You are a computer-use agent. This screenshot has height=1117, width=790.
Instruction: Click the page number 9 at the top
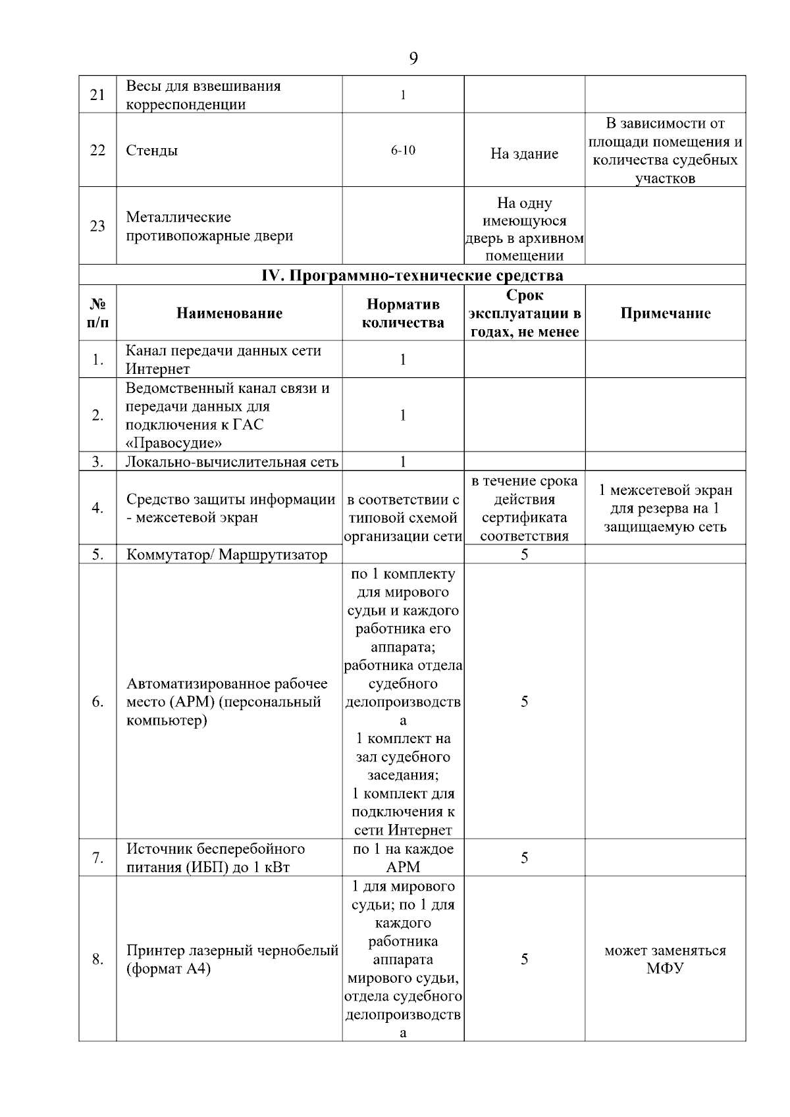(413, 59)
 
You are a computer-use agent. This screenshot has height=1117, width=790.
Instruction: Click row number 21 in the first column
(97, 95)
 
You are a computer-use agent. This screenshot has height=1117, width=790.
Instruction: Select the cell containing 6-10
(403, 151)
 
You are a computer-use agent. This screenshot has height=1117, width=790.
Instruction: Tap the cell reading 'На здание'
(524, 154)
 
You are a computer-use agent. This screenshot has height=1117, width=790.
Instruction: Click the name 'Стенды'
(152, 151)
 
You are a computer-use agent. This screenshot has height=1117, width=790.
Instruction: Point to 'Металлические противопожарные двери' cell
(209, 226)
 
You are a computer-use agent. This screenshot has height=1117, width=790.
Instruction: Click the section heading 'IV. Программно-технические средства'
(412, 275)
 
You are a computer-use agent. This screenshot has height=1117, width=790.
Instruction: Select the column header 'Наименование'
(229, 313)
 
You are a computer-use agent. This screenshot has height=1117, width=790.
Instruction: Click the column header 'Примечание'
(665, 313)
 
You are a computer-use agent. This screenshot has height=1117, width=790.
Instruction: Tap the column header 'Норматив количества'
(403, 313)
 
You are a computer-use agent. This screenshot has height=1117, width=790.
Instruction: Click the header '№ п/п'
(97, 313)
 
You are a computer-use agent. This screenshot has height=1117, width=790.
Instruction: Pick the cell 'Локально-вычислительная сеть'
(232, 462)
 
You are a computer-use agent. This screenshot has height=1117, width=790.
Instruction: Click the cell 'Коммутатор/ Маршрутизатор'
(226, 555)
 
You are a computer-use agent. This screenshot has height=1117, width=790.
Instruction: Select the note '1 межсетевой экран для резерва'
(665, 508)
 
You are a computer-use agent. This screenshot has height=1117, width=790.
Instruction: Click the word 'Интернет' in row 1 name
(158, 369)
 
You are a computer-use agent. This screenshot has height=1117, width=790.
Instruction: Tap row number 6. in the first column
(97, 702)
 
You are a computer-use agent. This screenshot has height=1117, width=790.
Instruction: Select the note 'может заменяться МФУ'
(665, 960)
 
